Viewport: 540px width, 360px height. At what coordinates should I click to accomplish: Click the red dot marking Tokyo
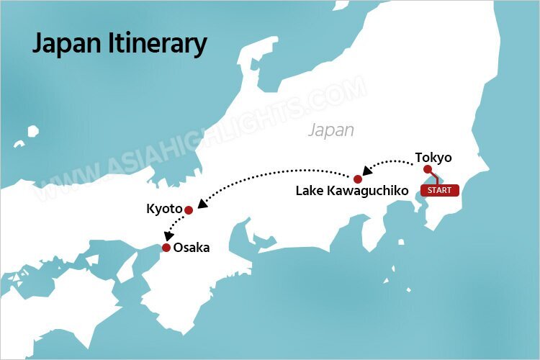[x=427, y=170]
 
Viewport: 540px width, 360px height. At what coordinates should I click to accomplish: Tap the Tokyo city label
[x=433, y=156]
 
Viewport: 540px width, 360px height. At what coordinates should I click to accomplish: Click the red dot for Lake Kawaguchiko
[x=357, y=178]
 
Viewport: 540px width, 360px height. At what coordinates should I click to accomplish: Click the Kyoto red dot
[x=189, y=210]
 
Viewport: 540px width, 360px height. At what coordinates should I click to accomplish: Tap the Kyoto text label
[x=163, y=210]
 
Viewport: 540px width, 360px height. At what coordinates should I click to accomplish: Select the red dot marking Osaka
[x=166, y=248]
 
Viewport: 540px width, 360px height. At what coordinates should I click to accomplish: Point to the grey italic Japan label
[x=330, y=130]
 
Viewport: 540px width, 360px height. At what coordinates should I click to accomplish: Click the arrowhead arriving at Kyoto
[x=202, y=204]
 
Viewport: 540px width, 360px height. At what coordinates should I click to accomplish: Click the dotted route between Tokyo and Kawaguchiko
[x=392, y=160]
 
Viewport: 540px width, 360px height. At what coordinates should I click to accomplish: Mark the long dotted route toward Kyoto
[x=274, y=171]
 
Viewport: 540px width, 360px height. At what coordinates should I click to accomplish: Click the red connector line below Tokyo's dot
[x=434, y=178]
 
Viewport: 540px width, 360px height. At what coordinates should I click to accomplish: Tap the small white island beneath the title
[x=32, y=132]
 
